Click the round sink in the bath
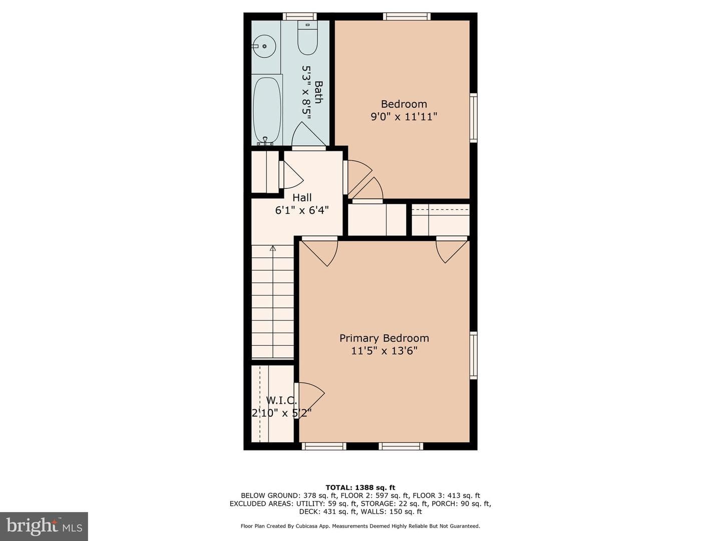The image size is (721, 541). click(x=264, y=46)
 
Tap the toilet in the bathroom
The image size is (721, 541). click(x=307, y=38)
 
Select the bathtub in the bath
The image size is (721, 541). click(x=267, y=110)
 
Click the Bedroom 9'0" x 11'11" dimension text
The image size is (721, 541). click(x=404, y=117)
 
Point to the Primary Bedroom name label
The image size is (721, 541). click(x=384, y=338)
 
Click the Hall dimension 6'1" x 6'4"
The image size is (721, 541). click(x=302, y=210)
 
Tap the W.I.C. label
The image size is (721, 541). click(x=281, y=400)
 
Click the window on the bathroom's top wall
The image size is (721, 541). click(x=299, y=17)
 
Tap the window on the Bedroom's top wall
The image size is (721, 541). click(x=407, y=17)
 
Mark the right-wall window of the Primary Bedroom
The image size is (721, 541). click(x=473, y=356)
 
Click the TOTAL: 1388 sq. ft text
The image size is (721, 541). click(x=360, y=487)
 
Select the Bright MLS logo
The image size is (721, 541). click(x=44, y=526)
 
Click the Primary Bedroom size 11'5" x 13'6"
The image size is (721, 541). click(x=384, y=351)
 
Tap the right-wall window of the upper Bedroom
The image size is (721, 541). click(x=473, y=118)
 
